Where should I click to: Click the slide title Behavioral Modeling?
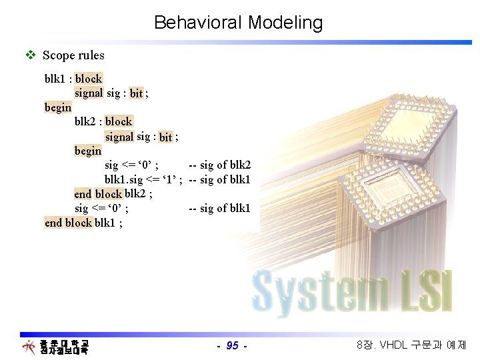(x=238, y=23)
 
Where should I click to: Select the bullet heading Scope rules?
(x=73, y=55)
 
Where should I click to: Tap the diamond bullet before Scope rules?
(x=29, y=55)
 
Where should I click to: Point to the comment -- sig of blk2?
(x=219, y=165)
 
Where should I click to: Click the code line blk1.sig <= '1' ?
(x=143, y=179)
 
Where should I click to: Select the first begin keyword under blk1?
(x=58, y=107)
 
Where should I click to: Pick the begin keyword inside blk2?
(x=88, y=151)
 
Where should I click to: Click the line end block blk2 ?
(x=113, y=194)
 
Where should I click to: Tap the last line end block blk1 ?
(x=83, y=223)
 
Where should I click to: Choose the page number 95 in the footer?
(x=233, y=345)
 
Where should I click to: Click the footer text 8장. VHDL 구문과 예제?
(x=411, y=345)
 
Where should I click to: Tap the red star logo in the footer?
(x=29, y=347)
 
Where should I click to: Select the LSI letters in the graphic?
(x=423, y=290)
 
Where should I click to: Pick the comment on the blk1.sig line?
(x=219, y=179)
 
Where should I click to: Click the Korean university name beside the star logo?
(x=64, y=347)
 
